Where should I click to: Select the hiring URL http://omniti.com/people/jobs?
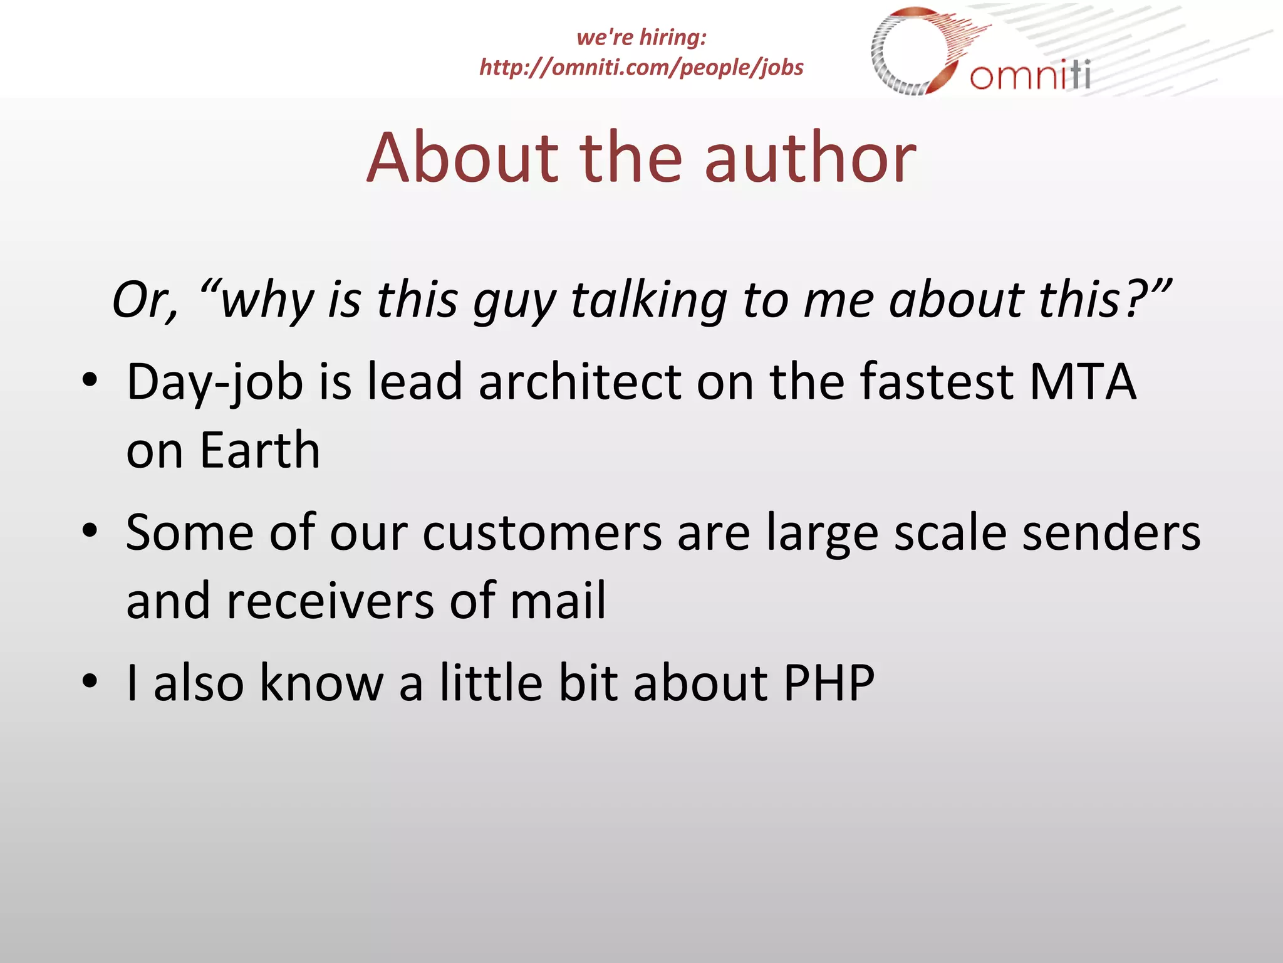tap(641, 67)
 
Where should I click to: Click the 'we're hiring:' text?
tap(641, 37)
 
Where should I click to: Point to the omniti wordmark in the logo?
tap(1030, 76)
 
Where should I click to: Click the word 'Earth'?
tap(260, 450)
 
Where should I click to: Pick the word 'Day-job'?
tap(215, 382)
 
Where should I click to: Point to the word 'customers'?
tap(542, 533)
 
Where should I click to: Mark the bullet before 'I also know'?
tap(90, 681)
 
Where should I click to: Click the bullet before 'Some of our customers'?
tap(90, 531)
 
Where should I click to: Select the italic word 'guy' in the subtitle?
tap(514, 301)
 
